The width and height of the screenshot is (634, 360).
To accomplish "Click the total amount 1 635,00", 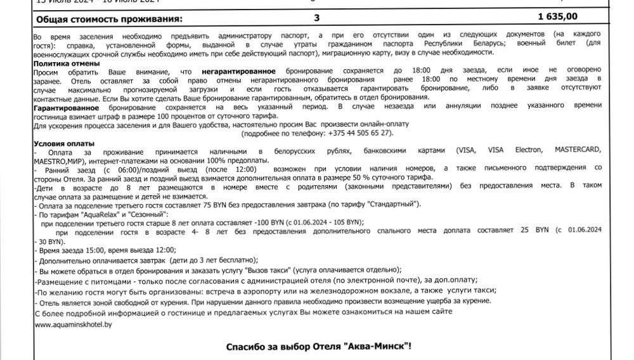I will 574,17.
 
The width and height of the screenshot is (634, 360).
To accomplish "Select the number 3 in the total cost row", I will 317,17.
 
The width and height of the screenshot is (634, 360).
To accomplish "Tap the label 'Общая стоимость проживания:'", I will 104,18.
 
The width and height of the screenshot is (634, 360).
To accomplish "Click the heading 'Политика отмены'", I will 67,63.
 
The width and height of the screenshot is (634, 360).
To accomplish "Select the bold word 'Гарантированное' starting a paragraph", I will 63,108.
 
